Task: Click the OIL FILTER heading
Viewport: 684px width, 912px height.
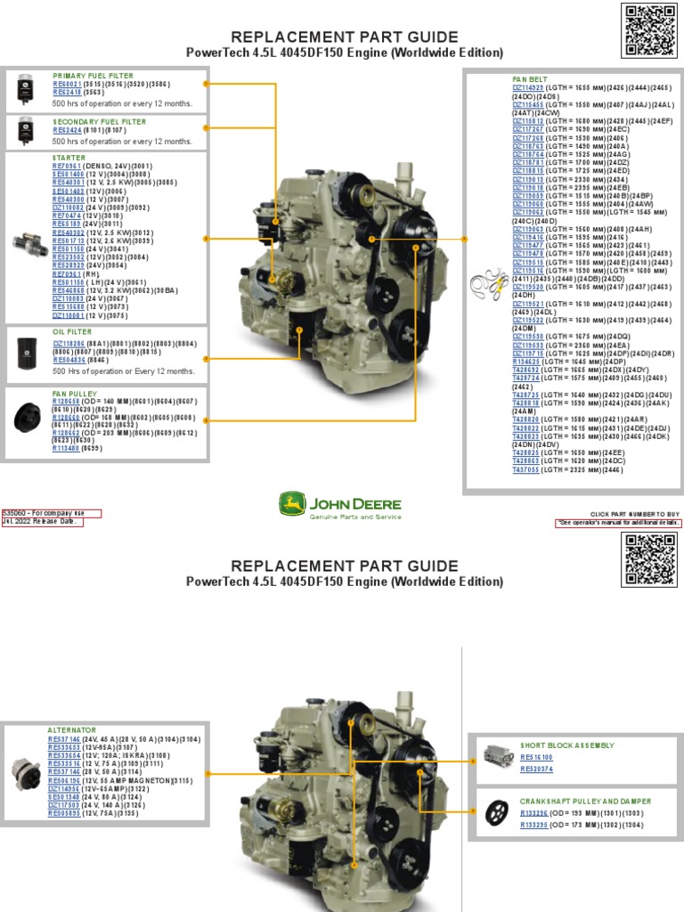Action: point(72,332)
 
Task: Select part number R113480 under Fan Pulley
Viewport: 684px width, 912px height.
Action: point(67,449)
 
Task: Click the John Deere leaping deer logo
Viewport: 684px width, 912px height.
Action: point(292,505)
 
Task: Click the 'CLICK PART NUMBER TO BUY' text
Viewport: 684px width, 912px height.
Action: point(636,514)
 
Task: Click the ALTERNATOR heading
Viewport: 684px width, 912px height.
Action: point(70,729)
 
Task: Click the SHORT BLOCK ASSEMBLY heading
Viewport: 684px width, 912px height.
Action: point(567,745)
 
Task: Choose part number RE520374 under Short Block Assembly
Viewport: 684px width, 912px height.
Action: point(537,768)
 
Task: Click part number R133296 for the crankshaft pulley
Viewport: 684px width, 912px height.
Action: point(534,813)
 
